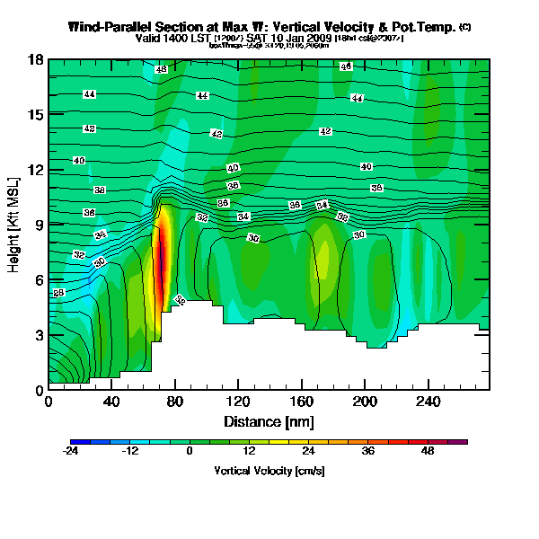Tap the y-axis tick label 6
[x=39, y=280]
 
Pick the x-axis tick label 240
[x=428, y=402]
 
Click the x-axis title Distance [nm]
[x=269, y=420]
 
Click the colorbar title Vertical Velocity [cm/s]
[x=269, y=471]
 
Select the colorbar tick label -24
[x=71, y=453]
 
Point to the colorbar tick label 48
[x=428, y=453]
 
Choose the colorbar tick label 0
[x=190, y=453]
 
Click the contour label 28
[x=59, y=293]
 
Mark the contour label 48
[x=161, y=69]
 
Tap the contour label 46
[x=346, y=66]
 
